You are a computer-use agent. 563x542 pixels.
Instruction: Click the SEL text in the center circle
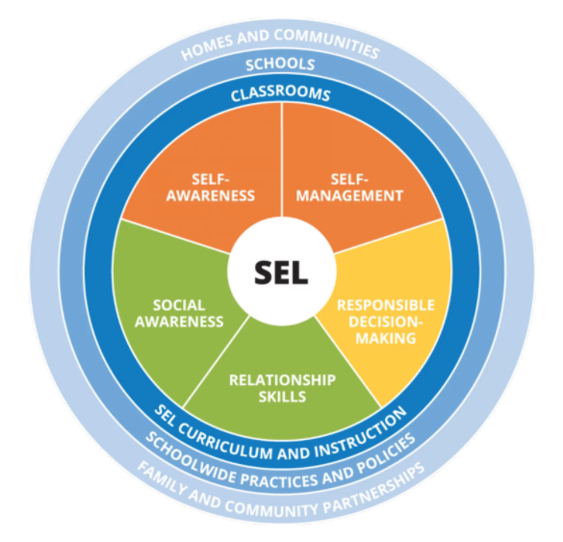pos(281,272)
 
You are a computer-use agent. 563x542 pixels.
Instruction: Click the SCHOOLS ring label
pos(280,65)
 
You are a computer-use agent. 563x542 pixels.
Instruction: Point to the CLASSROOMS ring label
pos(280,94)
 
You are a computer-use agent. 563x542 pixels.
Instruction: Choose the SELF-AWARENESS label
pos(211,188)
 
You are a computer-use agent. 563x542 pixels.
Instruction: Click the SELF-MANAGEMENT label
pos(349,188)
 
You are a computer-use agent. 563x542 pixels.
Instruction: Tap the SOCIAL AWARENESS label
pos(179,314)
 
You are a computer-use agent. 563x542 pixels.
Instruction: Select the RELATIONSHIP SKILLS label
pos(283,388)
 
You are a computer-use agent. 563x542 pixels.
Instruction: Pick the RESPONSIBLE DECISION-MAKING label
pos(386,322)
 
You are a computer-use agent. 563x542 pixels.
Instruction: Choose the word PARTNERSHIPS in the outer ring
pos(375,487)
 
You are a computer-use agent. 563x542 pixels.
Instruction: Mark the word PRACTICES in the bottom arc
pos(279,479)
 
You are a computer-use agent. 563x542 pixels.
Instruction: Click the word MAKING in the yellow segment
pos(386,338)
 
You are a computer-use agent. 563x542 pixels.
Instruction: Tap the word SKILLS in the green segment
pos(283,397)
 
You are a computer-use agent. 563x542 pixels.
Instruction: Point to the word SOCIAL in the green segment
pos(179,305)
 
